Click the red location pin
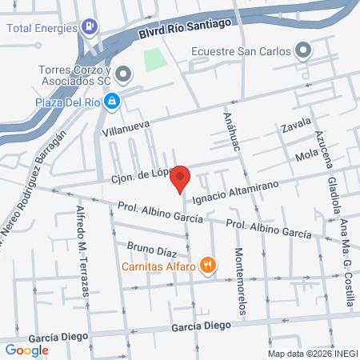coord(180,178)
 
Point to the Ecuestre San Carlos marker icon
coord(302,53)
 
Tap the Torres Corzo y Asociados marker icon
coord(122,75)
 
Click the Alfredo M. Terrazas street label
coord(82,252)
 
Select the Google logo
coord(27,350)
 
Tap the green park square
coord(154,58)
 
